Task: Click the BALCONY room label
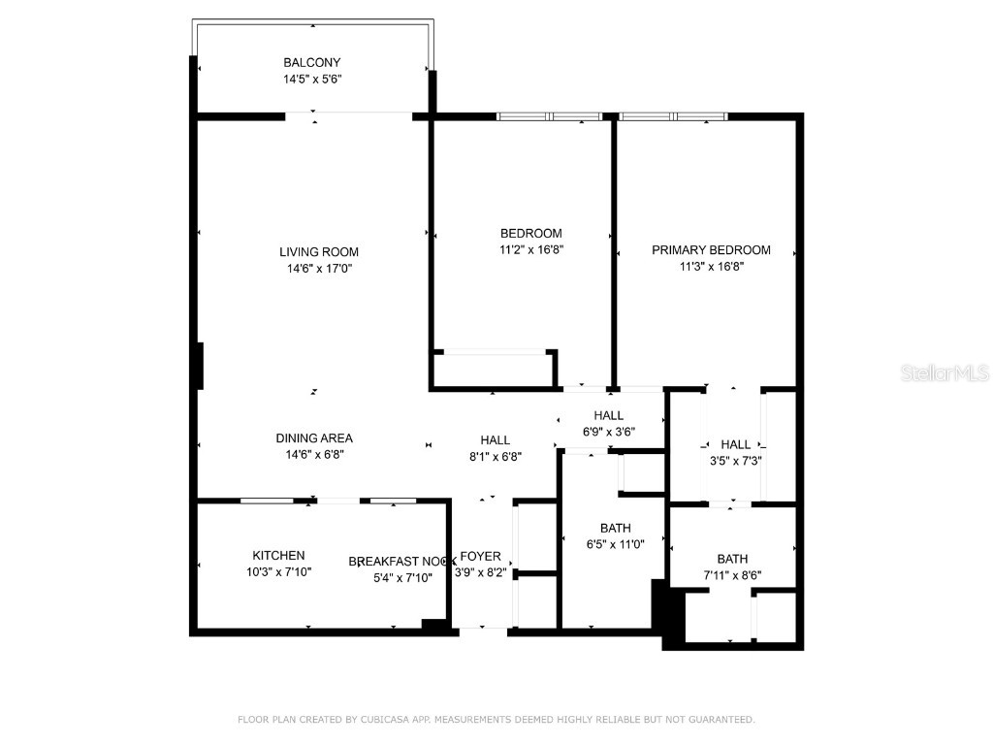pos(312,62)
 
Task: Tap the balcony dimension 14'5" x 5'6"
pos(312,80)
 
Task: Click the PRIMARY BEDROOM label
pos(711,249)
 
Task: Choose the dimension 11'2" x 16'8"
pos(530,249)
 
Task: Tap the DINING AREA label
pos(314,437)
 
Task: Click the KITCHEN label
pos(278,555)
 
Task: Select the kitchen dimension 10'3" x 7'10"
pos(278,571)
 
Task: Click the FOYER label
pos(480,556)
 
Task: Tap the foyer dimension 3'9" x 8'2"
pos(480,572)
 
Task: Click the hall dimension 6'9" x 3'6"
pos(609,432)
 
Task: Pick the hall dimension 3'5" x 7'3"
pos(735,461)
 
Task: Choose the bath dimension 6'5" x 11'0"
pos(616,544)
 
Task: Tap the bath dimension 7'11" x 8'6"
pos(732,574)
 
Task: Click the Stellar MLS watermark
pos(945,372)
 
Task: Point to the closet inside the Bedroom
pos(493,370)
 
